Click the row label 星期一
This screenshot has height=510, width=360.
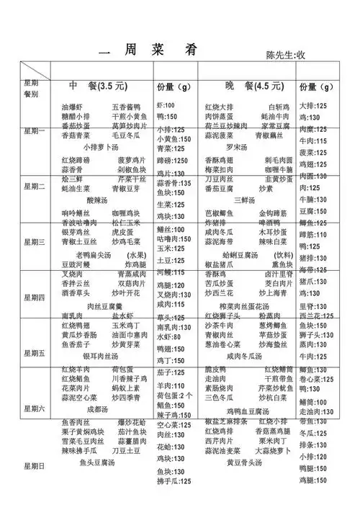point(35,131)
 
